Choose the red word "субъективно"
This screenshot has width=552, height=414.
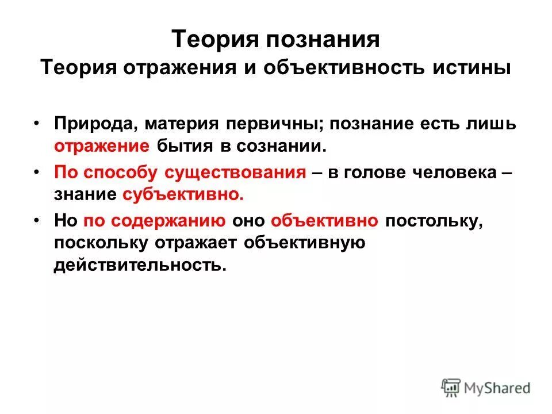tap(183, 194)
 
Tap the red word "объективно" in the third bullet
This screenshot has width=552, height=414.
tap(324, 221)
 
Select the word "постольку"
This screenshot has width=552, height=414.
tap(432, 221)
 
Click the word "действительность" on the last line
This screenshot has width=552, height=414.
tap(137, 264)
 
